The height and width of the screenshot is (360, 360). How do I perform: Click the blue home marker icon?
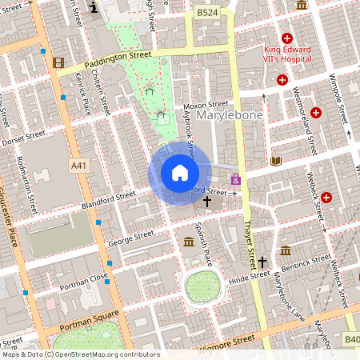click(179, 173)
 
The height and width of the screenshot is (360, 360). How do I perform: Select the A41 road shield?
click(78, 166)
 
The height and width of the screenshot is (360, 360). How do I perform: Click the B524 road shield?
click(207, 13)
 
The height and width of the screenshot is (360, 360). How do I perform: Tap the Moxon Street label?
click(206, 104)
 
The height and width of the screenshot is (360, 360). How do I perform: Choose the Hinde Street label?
click(250, 275)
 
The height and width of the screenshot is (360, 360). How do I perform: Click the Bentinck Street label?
click(310, 261)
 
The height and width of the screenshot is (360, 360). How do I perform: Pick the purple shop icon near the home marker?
click(235, 180)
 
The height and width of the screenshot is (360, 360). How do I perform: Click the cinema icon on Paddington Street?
click(58, 62)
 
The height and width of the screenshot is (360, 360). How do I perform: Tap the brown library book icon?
click(276, 161)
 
